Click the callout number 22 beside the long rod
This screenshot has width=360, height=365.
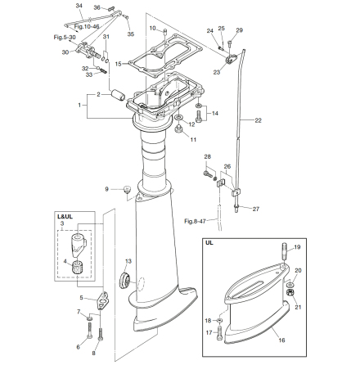pyautogui.click(x=259, y=120)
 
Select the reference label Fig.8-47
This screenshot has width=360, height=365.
pyautogui.click(x=194, y=221)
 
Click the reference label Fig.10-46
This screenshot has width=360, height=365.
pyautogui.click(x=86, y=27)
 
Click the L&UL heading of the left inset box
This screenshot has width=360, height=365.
pyautogui.click(x=65, y=218)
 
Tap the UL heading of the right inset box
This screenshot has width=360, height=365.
pyautogui.click(x=209, y=243)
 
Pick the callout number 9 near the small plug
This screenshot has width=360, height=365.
pyautogui.click(x=107, y=189)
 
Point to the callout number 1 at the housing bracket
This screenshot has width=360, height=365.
pyautogui.click(x=79, y=105)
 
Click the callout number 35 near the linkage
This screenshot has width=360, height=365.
pyautogui.click(x=132, y=34)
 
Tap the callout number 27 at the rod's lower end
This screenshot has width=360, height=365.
pyautogui.click(x=255, y=209)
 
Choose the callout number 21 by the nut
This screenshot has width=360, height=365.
pyautogui.click(x=297, y=307)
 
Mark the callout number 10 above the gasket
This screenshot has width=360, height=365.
pyautogui.click(x=152, y=29)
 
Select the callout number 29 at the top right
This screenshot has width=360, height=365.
pyautogui.click(x=239, y=30)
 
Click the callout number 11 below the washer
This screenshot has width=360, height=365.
pyautogui.click(x=194, y=140)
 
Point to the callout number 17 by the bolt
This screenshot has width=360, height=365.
pyautogui.click(x=208, y=332)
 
